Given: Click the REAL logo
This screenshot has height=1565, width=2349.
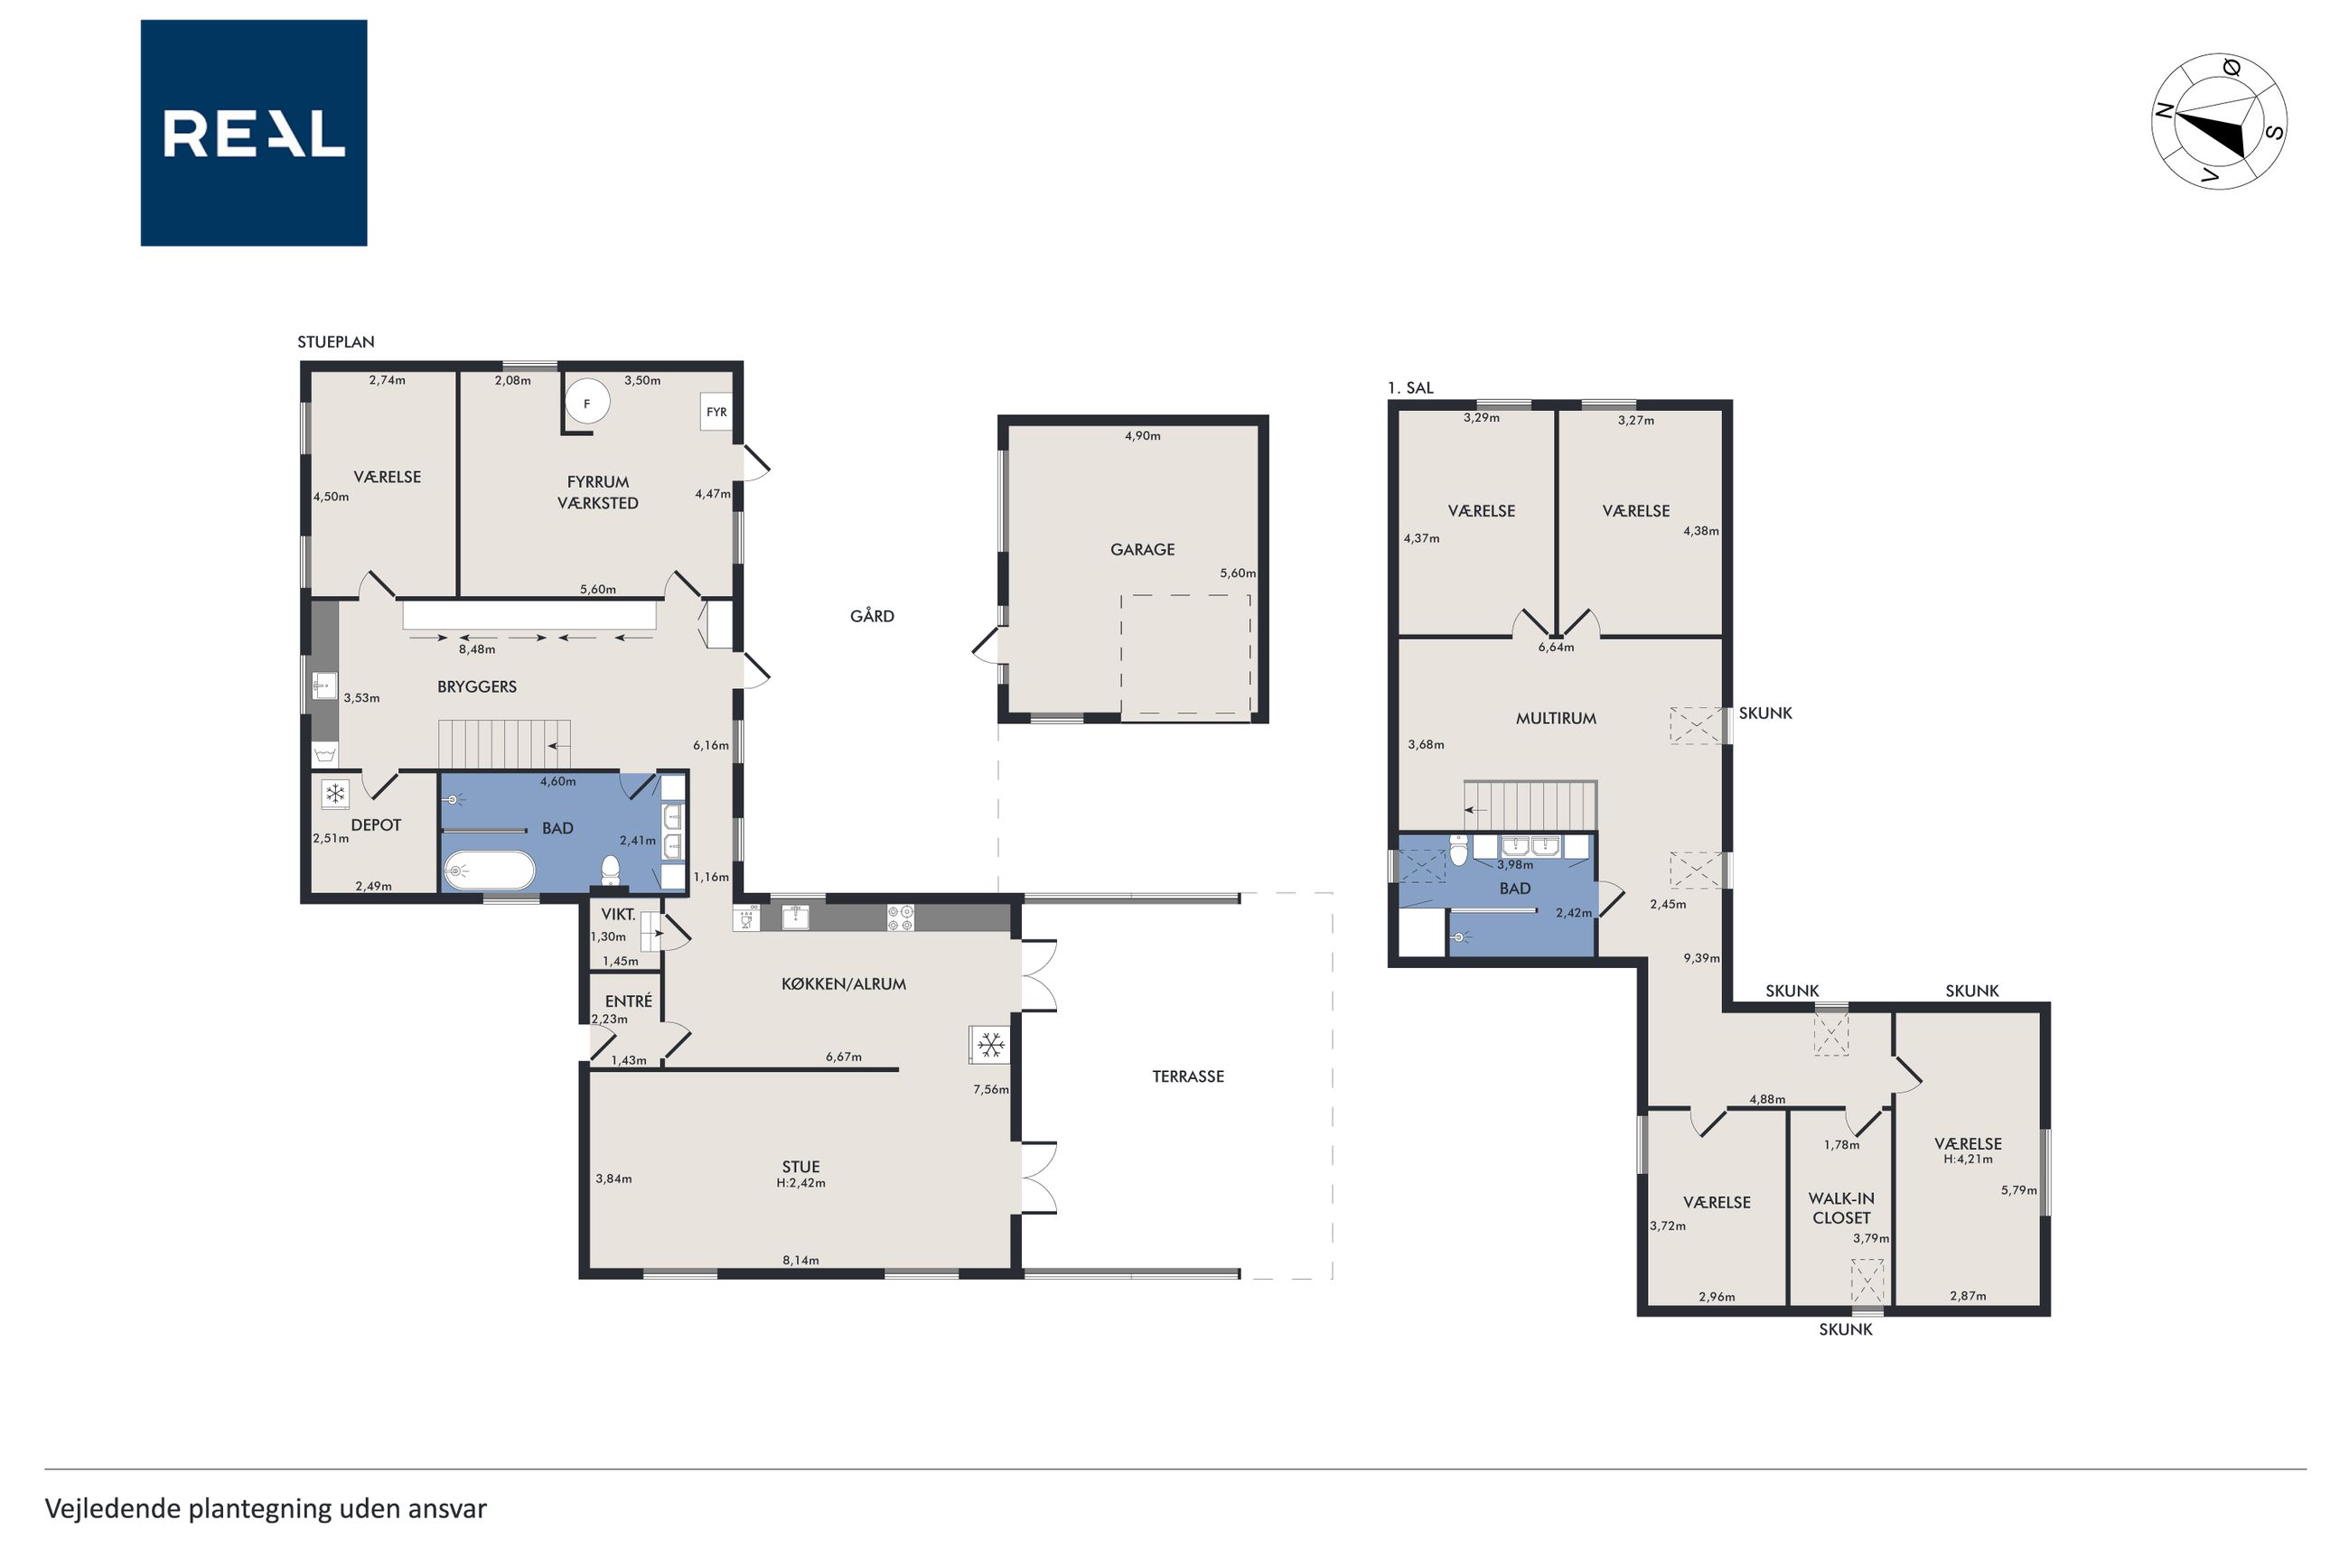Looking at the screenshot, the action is pos(254,133).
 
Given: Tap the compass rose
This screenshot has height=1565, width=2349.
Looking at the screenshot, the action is pos(2218,122).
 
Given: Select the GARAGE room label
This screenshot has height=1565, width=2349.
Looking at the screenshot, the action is pos(1142,549).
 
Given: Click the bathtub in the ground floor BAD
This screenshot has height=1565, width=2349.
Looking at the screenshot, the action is pos(489,871).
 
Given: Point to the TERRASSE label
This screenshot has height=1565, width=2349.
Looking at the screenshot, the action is pos(1188,1076).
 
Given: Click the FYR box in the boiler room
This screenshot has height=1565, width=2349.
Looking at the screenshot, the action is pos(716,411).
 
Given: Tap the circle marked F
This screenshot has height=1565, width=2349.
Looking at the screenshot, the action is pos(587,404).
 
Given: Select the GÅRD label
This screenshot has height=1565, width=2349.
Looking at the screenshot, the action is pos(872,616).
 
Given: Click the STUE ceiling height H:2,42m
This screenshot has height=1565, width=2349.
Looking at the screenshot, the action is pos(800,1184).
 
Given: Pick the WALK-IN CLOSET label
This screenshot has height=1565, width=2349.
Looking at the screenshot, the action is pos(1841,1207).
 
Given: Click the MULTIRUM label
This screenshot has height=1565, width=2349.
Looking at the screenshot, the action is pos(1556,718).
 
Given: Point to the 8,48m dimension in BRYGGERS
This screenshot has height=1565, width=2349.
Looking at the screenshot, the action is pos(476,648).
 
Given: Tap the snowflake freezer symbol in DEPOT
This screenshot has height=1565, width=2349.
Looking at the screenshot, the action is pos(335,795).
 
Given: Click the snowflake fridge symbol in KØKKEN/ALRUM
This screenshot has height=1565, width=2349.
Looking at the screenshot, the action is pos(989,1045).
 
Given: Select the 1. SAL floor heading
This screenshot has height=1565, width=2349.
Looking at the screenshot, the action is pos(1409,387).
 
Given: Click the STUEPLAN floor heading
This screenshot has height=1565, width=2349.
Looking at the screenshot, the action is pos(335,341).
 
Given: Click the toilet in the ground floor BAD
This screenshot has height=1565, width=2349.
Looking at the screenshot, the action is pos(610,871).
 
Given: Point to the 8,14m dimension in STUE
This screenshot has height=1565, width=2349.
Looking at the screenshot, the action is pos(800,1260).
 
